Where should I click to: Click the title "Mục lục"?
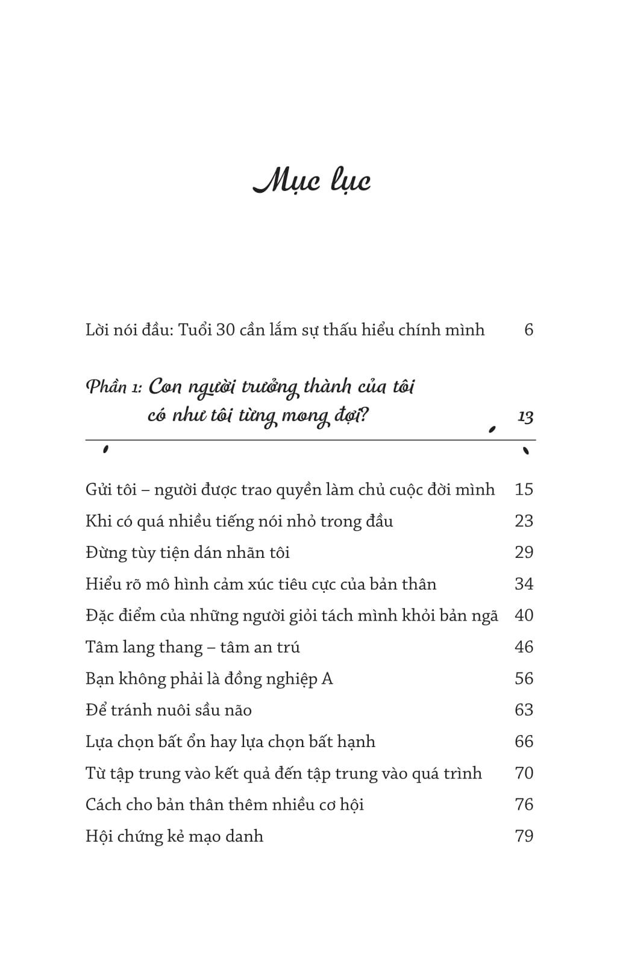311,181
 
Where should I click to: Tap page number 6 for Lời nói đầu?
528,330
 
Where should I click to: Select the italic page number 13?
525,416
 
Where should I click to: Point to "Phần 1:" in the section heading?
114,387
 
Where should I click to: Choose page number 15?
524,489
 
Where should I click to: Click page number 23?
524,521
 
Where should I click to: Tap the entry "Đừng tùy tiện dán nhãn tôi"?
187,552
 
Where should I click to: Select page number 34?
524,584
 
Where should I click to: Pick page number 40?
524,615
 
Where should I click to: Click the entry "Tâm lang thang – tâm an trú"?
192,647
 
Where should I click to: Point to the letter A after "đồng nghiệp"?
327,679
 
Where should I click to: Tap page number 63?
524,710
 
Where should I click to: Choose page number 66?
524,741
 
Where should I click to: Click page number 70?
524,773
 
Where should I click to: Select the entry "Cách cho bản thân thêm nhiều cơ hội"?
224,805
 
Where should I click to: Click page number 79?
524,836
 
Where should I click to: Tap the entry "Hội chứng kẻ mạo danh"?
174,836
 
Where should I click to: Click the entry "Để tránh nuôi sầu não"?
168,710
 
